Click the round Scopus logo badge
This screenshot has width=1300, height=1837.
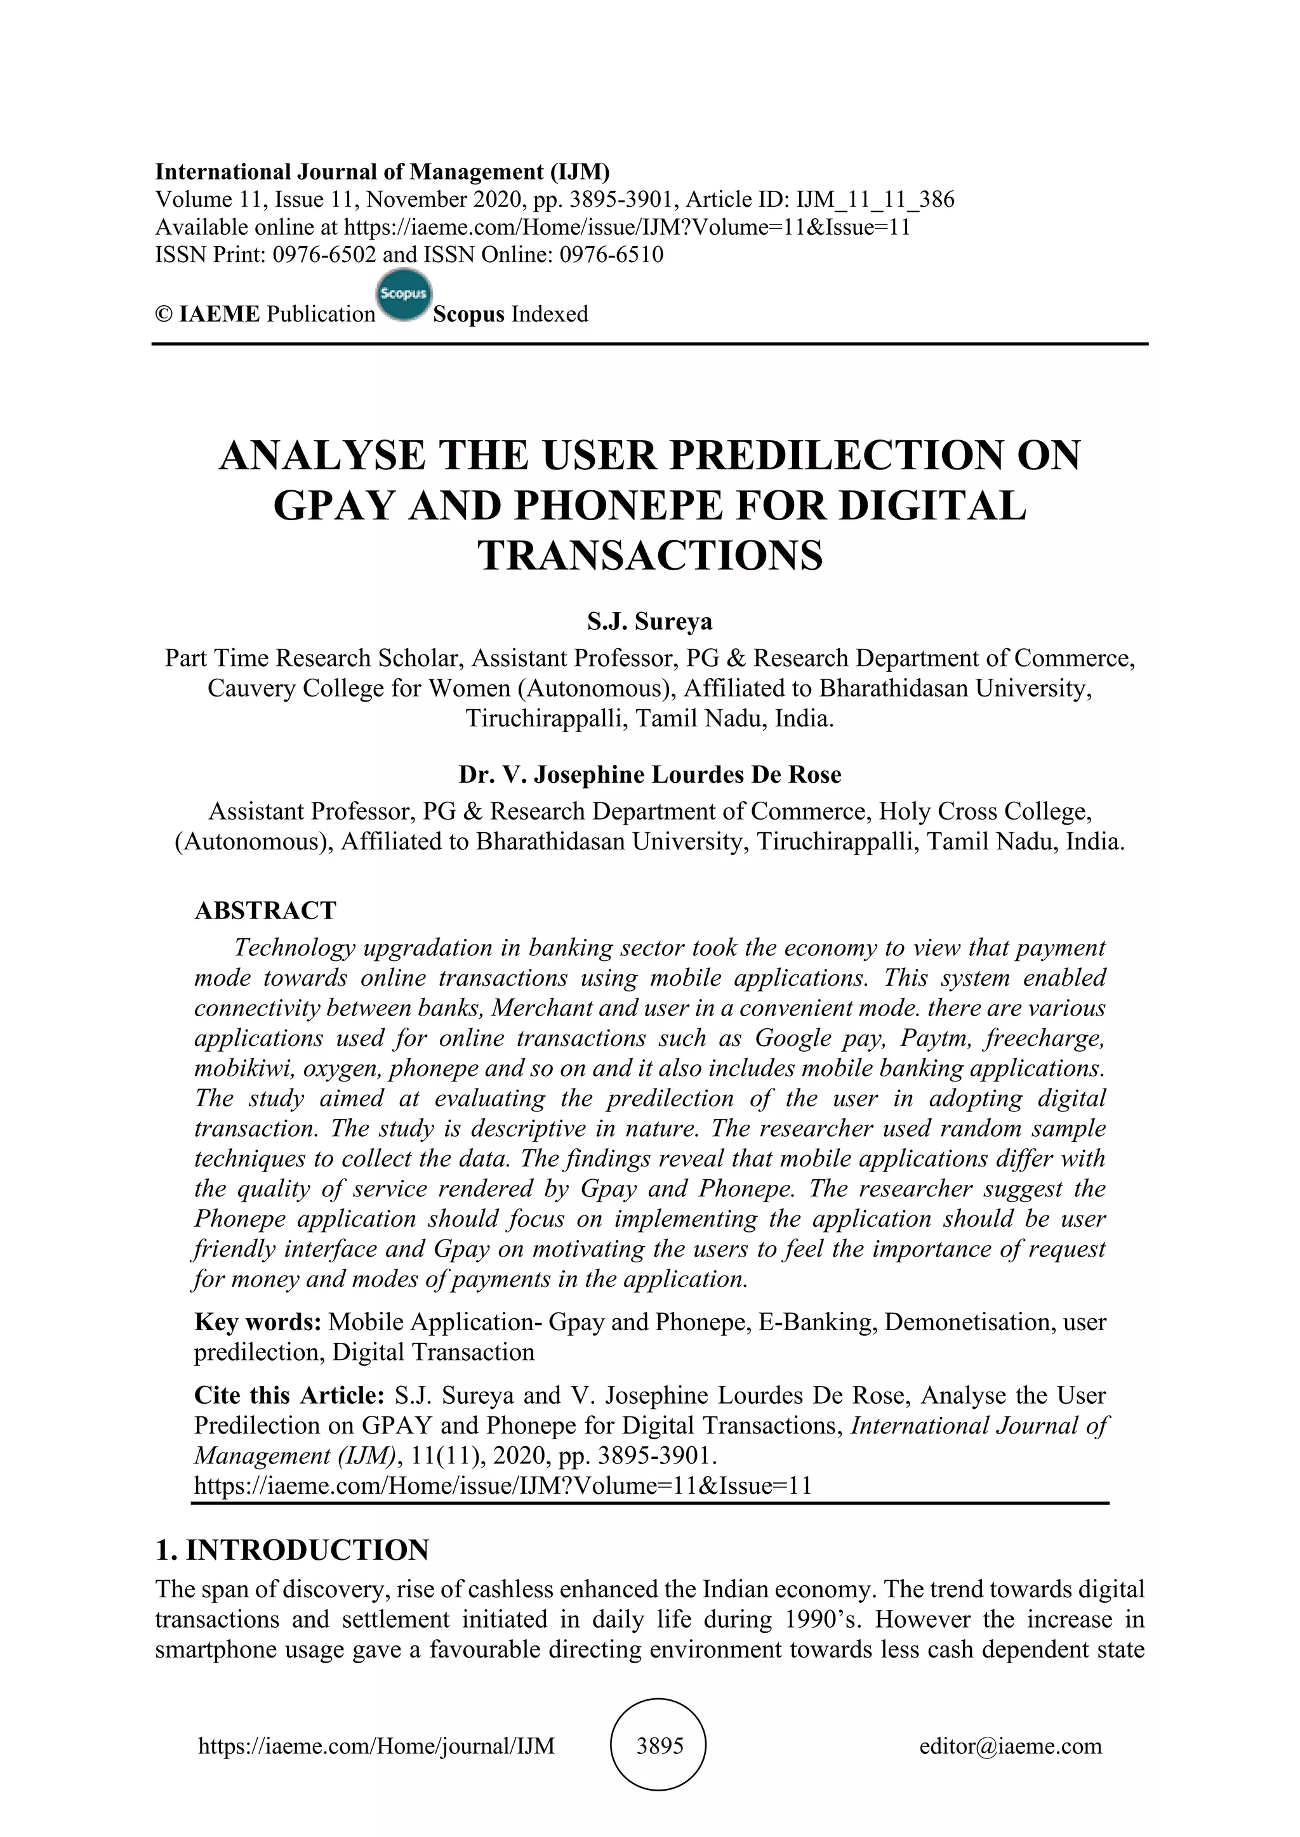pyautogui.click(x=404, y=295)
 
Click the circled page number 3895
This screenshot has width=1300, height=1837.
pyautogui.click(x=659, y=1746)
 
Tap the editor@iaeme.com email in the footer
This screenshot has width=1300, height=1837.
pyautogui.click(x=1010, y=1746)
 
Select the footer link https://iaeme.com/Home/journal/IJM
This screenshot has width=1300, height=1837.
pyautogui.click(x=376, y=1746)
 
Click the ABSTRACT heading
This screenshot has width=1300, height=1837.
pyautogui.click(x=265, y=910)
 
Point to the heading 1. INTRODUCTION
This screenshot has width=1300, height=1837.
pyautogui.click(x=292, y=1550)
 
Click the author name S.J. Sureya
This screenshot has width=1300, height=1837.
pyautogui.click(x=650, y=621)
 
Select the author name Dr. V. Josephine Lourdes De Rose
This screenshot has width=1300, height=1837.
pyautogui.click(x=650, y=775)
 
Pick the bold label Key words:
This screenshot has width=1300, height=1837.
pyautogui.click(x=258, y=1322)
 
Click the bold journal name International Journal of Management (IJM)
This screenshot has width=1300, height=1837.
pyautogui.click(x=383, y=171)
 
